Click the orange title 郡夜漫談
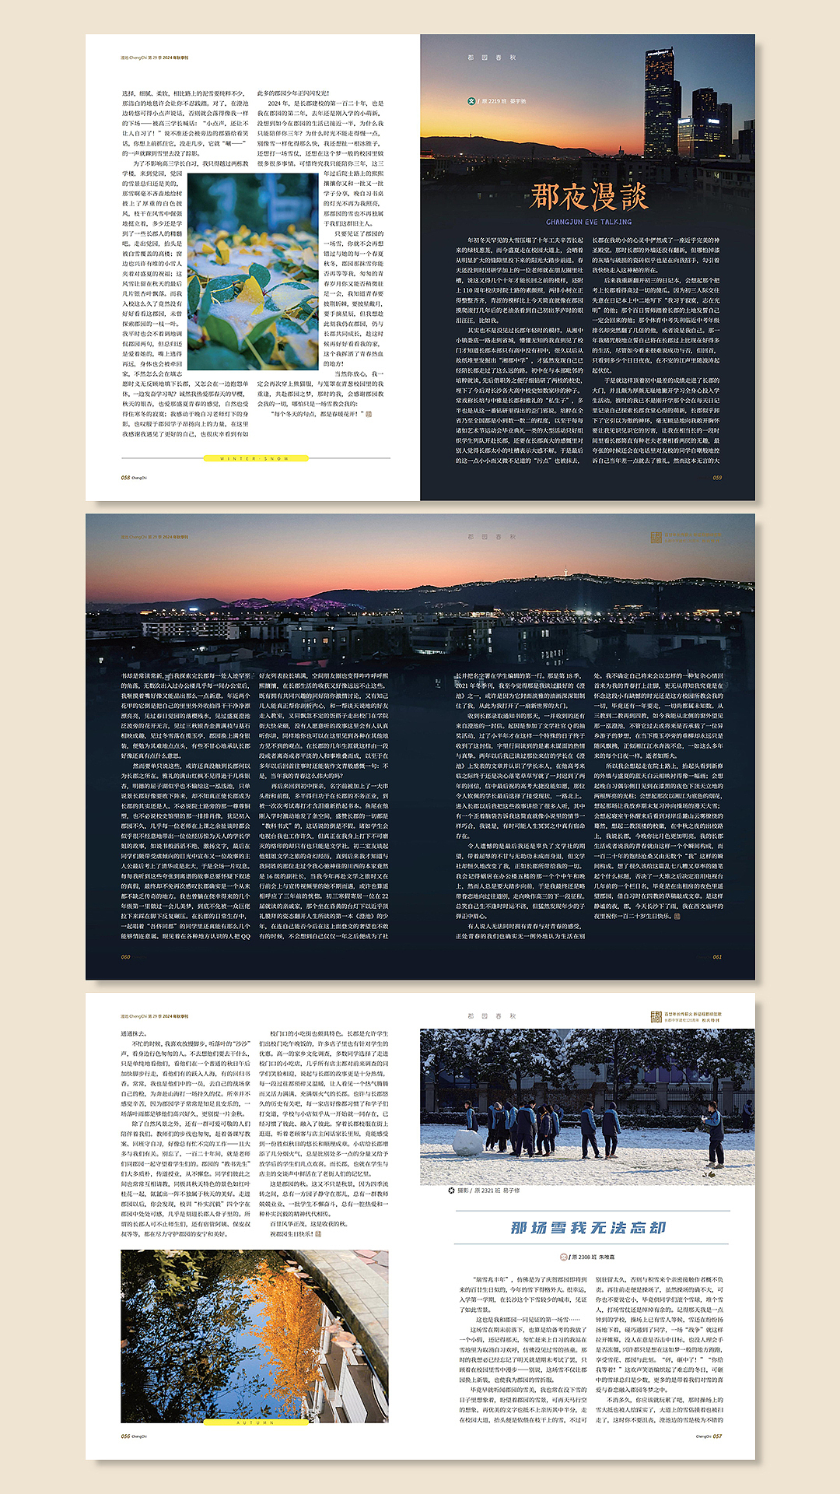pyautogui.click(x=588, y=196)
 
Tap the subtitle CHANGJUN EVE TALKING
pyautogui.click(x=588, y=222)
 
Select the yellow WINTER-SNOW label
pyautogui.click(x=254, y=459)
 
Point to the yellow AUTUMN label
pyautogui.click(x=254, y=1423)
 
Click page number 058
pyautogui.click(x=125, y=478)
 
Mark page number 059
pyautogui.click(x=716, y=478)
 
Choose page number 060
pyautogui.click(x=125, y=957)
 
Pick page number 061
pyautogui.click(x=716, y=957)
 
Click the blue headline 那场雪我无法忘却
pyautogui.click(x=588, y=1228)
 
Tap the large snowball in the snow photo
pyautogui.click(x=467, y=1142)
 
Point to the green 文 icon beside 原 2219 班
pyautogui.click(x=471, y=101)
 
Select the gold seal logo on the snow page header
pyautogui.click(x=656, y=1016)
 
